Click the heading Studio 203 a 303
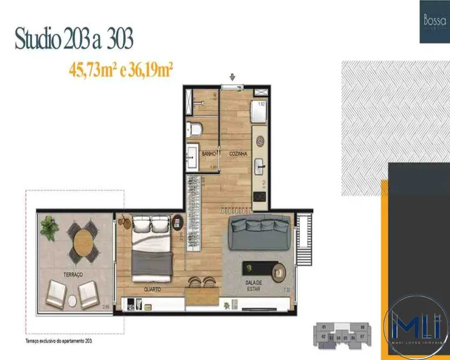[x=74, y=40]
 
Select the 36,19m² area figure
[x=151, y=70]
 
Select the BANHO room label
[x=208, y=153]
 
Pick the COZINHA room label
[x=238, y=153]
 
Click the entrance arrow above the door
[x=232, y=77]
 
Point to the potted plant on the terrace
[x=49, y=227]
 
